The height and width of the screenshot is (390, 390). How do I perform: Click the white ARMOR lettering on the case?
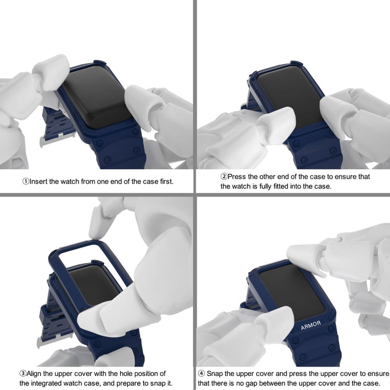(x=310, y=325)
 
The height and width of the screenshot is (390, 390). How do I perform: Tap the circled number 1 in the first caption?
(x=25, y=181)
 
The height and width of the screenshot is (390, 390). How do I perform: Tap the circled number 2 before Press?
(x=224, y=177)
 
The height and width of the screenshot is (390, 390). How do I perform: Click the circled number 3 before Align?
(x=23, y=373)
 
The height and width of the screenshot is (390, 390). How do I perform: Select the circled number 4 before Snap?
(x=201, y=373)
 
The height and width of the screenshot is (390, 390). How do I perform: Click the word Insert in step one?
(x=38, y=181)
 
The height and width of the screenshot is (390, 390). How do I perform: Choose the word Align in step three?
(x=34, y=374)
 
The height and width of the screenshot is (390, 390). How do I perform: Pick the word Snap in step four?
(x=214, y=374)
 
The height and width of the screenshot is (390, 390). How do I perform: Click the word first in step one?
(x=166, y=181)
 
